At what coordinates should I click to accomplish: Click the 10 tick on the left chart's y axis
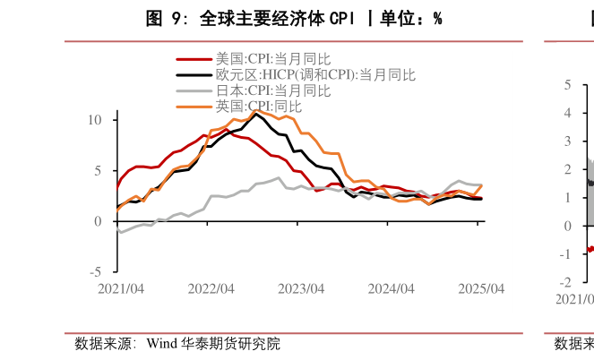(x=97, y=120)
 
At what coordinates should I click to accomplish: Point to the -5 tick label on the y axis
(x=97, y=272)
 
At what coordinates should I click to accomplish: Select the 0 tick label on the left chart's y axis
(x=99, y=221)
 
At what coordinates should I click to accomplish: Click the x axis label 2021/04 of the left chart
(x=121, y=289)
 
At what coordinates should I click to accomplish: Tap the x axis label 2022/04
(x=211, y=289)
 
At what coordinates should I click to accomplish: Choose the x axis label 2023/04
(x=302, y=289)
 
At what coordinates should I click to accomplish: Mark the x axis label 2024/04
(x=392, y=289)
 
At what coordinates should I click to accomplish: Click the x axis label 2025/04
(x=481, y=289)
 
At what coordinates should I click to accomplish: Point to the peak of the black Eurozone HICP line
(x=256, y=114)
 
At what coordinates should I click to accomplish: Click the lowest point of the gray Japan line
(x=121, y=233)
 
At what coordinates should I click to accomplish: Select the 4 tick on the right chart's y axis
(x=566, y=113)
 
